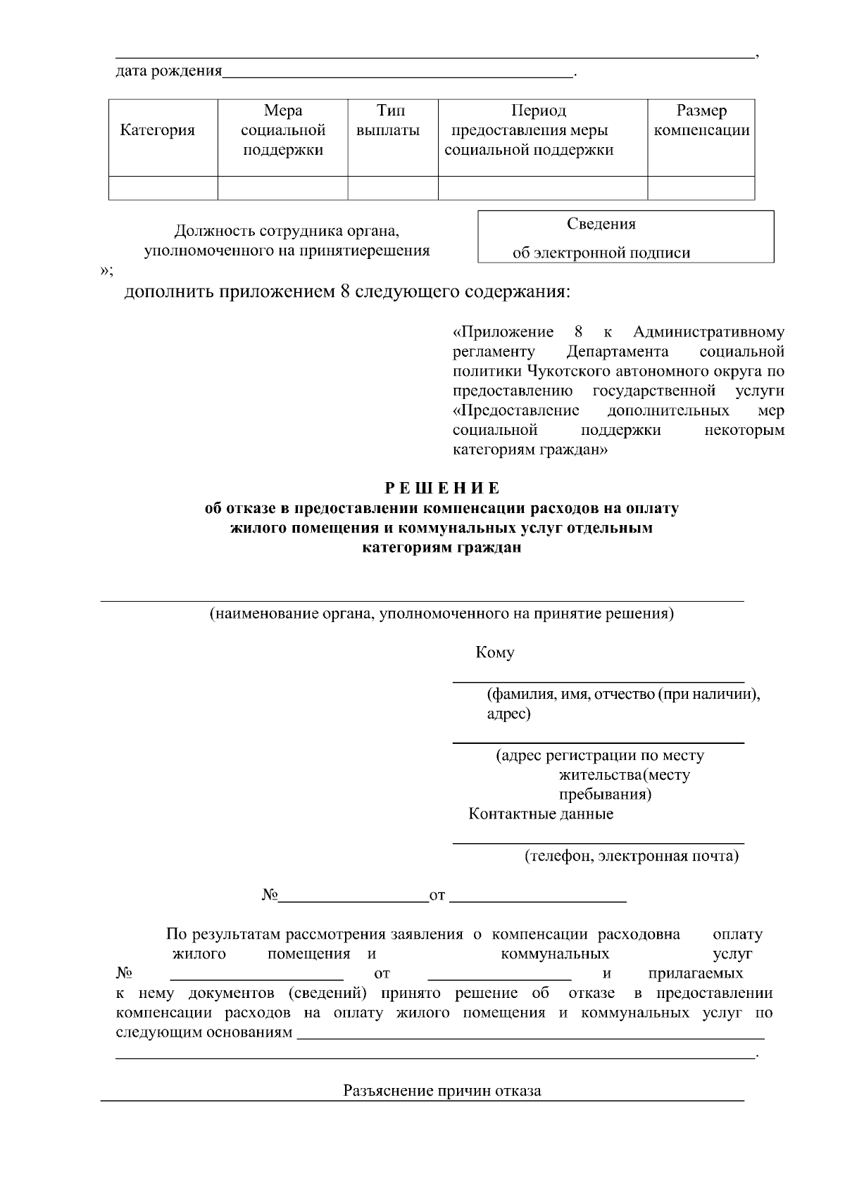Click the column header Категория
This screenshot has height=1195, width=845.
point(158,130)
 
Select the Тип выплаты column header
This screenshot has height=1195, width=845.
point(388,121)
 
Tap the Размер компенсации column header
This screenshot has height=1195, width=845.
point(701,121)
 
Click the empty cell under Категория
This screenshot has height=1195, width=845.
point(163,188)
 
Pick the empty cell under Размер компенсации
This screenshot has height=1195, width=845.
point(701,188)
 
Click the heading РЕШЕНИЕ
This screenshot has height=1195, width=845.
point(442,488)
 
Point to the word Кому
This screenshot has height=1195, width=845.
point(495,652)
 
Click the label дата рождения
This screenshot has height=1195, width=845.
point(168,71)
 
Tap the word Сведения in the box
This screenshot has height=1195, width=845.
point(601,224)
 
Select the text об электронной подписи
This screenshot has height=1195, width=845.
point(601,253)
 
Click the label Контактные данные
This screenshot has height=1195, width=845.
point(541,814)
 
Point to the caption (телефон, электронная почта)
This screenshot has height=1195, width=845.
point(631,856)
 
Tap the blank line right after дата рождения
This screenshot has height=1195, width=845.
point(398,72)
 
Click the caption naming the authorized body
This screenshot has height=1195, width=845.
point(442,614)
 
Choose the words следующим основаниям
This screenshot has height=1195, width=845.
point(204,1032)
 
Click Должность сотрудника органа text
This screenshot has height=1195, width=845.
point(287,231)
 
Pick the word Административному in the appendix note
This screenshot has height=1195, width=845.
point(708,331)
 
